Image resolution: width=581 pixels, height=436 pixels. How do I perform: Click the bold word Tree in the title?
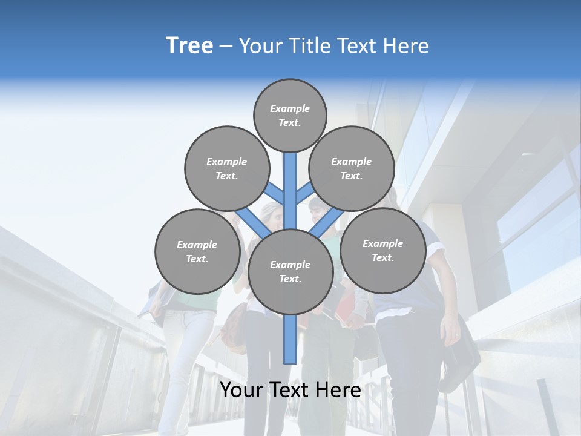coord(189,46)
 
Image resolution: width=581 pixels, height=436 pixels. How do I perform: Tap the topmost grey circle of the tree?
coord(290,115)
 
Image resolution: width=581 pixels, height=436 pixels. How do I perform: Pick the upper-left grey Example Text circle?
coord(226,168)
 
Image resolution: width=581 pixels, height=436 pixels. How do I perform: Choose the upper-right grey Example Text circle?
coord(351,168)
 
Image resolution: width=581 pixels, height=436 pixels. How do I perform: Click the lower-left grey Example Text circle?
coord(197,251)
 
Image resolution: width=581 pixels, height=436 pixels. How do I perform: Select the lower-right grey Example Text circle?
coord(382,250)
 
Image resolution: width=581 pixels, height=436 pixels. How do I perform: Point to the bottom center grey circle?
coord(290,271)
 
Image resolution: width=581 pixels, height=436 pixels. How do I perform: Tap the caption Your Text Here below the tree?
coord(290,390)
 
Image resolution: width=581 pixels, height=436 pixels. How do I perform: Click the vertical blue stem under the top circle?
coord(290,182)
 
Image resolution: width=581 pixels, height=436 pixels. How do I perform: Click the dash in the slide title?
coord(226,47)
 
